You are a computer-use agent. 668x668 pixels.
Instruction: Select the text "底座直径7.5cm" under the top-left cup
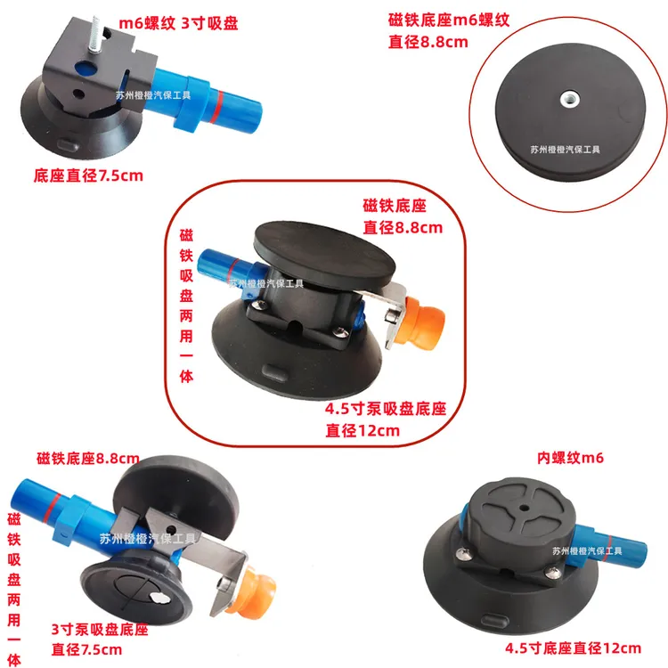[x=88, y=175]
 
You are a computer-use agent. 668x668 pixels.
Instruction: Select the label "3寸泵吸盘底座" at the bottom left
[x=96, y=630]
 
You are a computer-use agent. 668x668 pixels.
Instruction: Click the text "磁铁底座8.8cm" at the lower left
[x=88, y=459]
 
